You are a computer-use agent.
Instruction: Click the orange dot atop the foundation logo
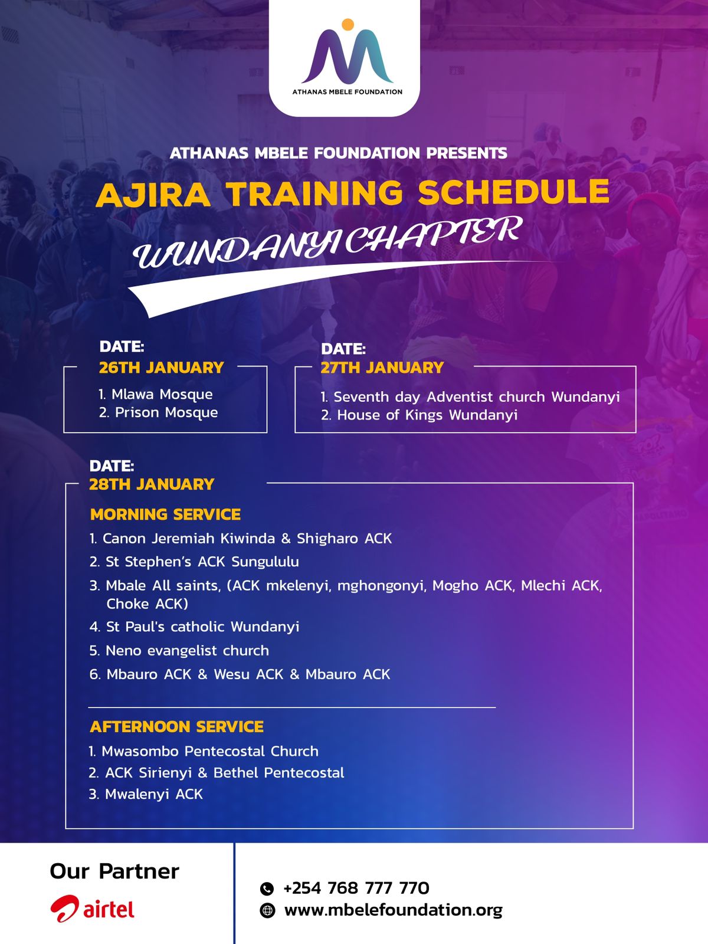(x=348, y=25)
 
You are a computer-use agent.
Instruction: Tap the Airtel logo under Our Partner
(x=93, y=909)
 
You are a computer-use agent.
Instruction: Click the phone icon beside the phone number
(x=267, y=889)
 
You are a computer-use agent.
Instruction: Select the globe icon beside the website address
(x=267, y=910)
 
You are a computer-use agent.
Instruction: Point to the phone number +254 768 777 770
(x=356, y=888)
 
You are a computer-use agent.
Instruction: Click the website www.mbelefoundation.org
(x=394, y=910)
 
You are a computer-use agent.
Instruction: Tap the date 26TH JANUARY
(x=161, y=368)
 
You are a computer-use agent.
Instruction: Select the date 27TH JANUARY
(x=382, y=368)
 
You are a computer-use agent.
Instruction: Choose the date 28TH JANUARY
(x=151, y=484)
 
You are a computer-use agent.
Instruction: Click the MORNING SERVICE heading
(x=166, y=514)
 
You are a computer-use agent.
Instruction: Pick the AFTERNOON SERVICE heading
(x=176, y=727)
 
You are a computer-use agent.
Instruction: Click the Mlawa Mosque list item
(x=156, y=394)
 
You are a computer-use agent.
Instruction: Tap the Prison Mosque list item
(x=158, y=412)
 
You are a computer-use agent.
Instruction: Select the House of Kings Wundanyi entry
(x=419, y=415)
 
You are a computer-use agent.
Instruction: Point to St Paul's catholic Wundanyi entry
(x=194, y=627)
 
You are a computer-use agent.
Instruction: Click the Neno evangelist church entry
(x=179, y=650)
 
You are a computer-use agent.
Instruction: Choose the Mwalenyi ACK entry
(x=146, y=794)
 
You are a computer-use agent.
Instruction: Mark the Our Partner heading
(x=114, y=872)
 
